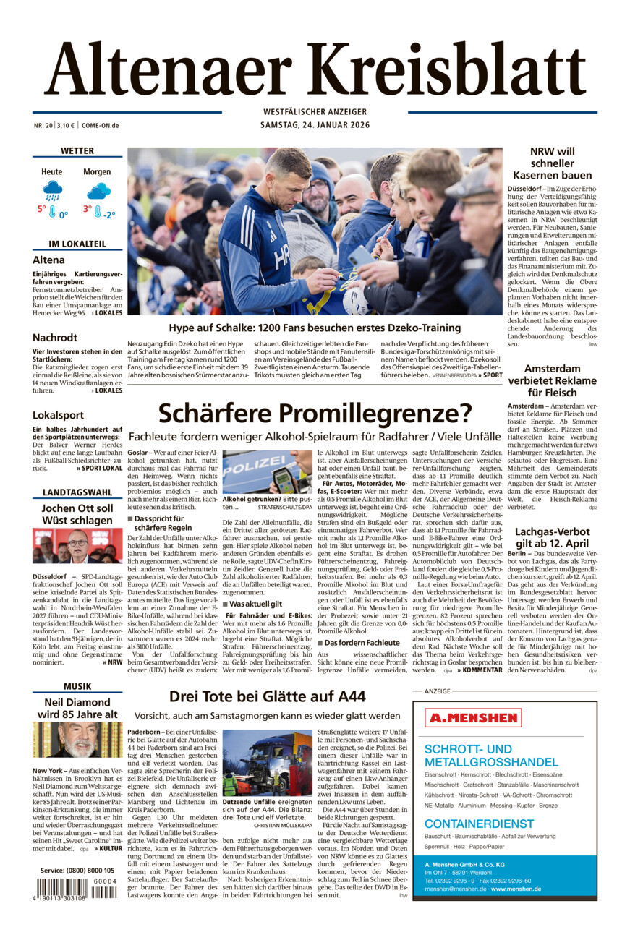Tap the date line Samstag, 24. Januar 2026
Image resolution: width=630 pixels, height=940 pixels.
tap(315, 125)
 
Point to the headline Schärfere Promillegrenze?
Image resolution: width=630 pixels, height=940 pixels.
tap(315, 413)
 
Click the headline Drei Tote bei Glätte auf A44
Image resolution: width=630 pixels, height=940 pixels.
tap(267, 696)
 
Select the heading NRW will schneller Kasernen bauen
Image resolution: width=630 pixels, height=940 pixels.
tap(552, 163)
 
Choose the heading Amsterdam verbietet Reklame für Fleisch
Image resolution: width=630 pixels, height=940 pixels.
tap(552, 380)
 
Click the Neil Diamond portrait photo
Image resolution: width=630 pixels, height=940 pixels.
tap(77, 740)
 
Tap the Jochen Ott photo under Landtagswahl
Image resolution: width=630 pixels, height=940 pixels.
tap(77, 546)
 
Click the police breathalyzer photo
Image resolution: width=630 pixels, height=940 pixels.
tap(267, 471)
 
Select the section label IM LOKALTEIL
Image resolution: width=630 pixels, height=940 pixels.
tap(77, 244)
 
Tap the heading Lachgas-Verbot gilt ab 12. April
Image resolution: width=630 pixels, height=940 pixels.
tap(552, 538)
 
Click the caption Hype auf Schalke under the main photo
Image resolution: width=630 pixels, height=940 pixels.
tap(315, 328)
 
